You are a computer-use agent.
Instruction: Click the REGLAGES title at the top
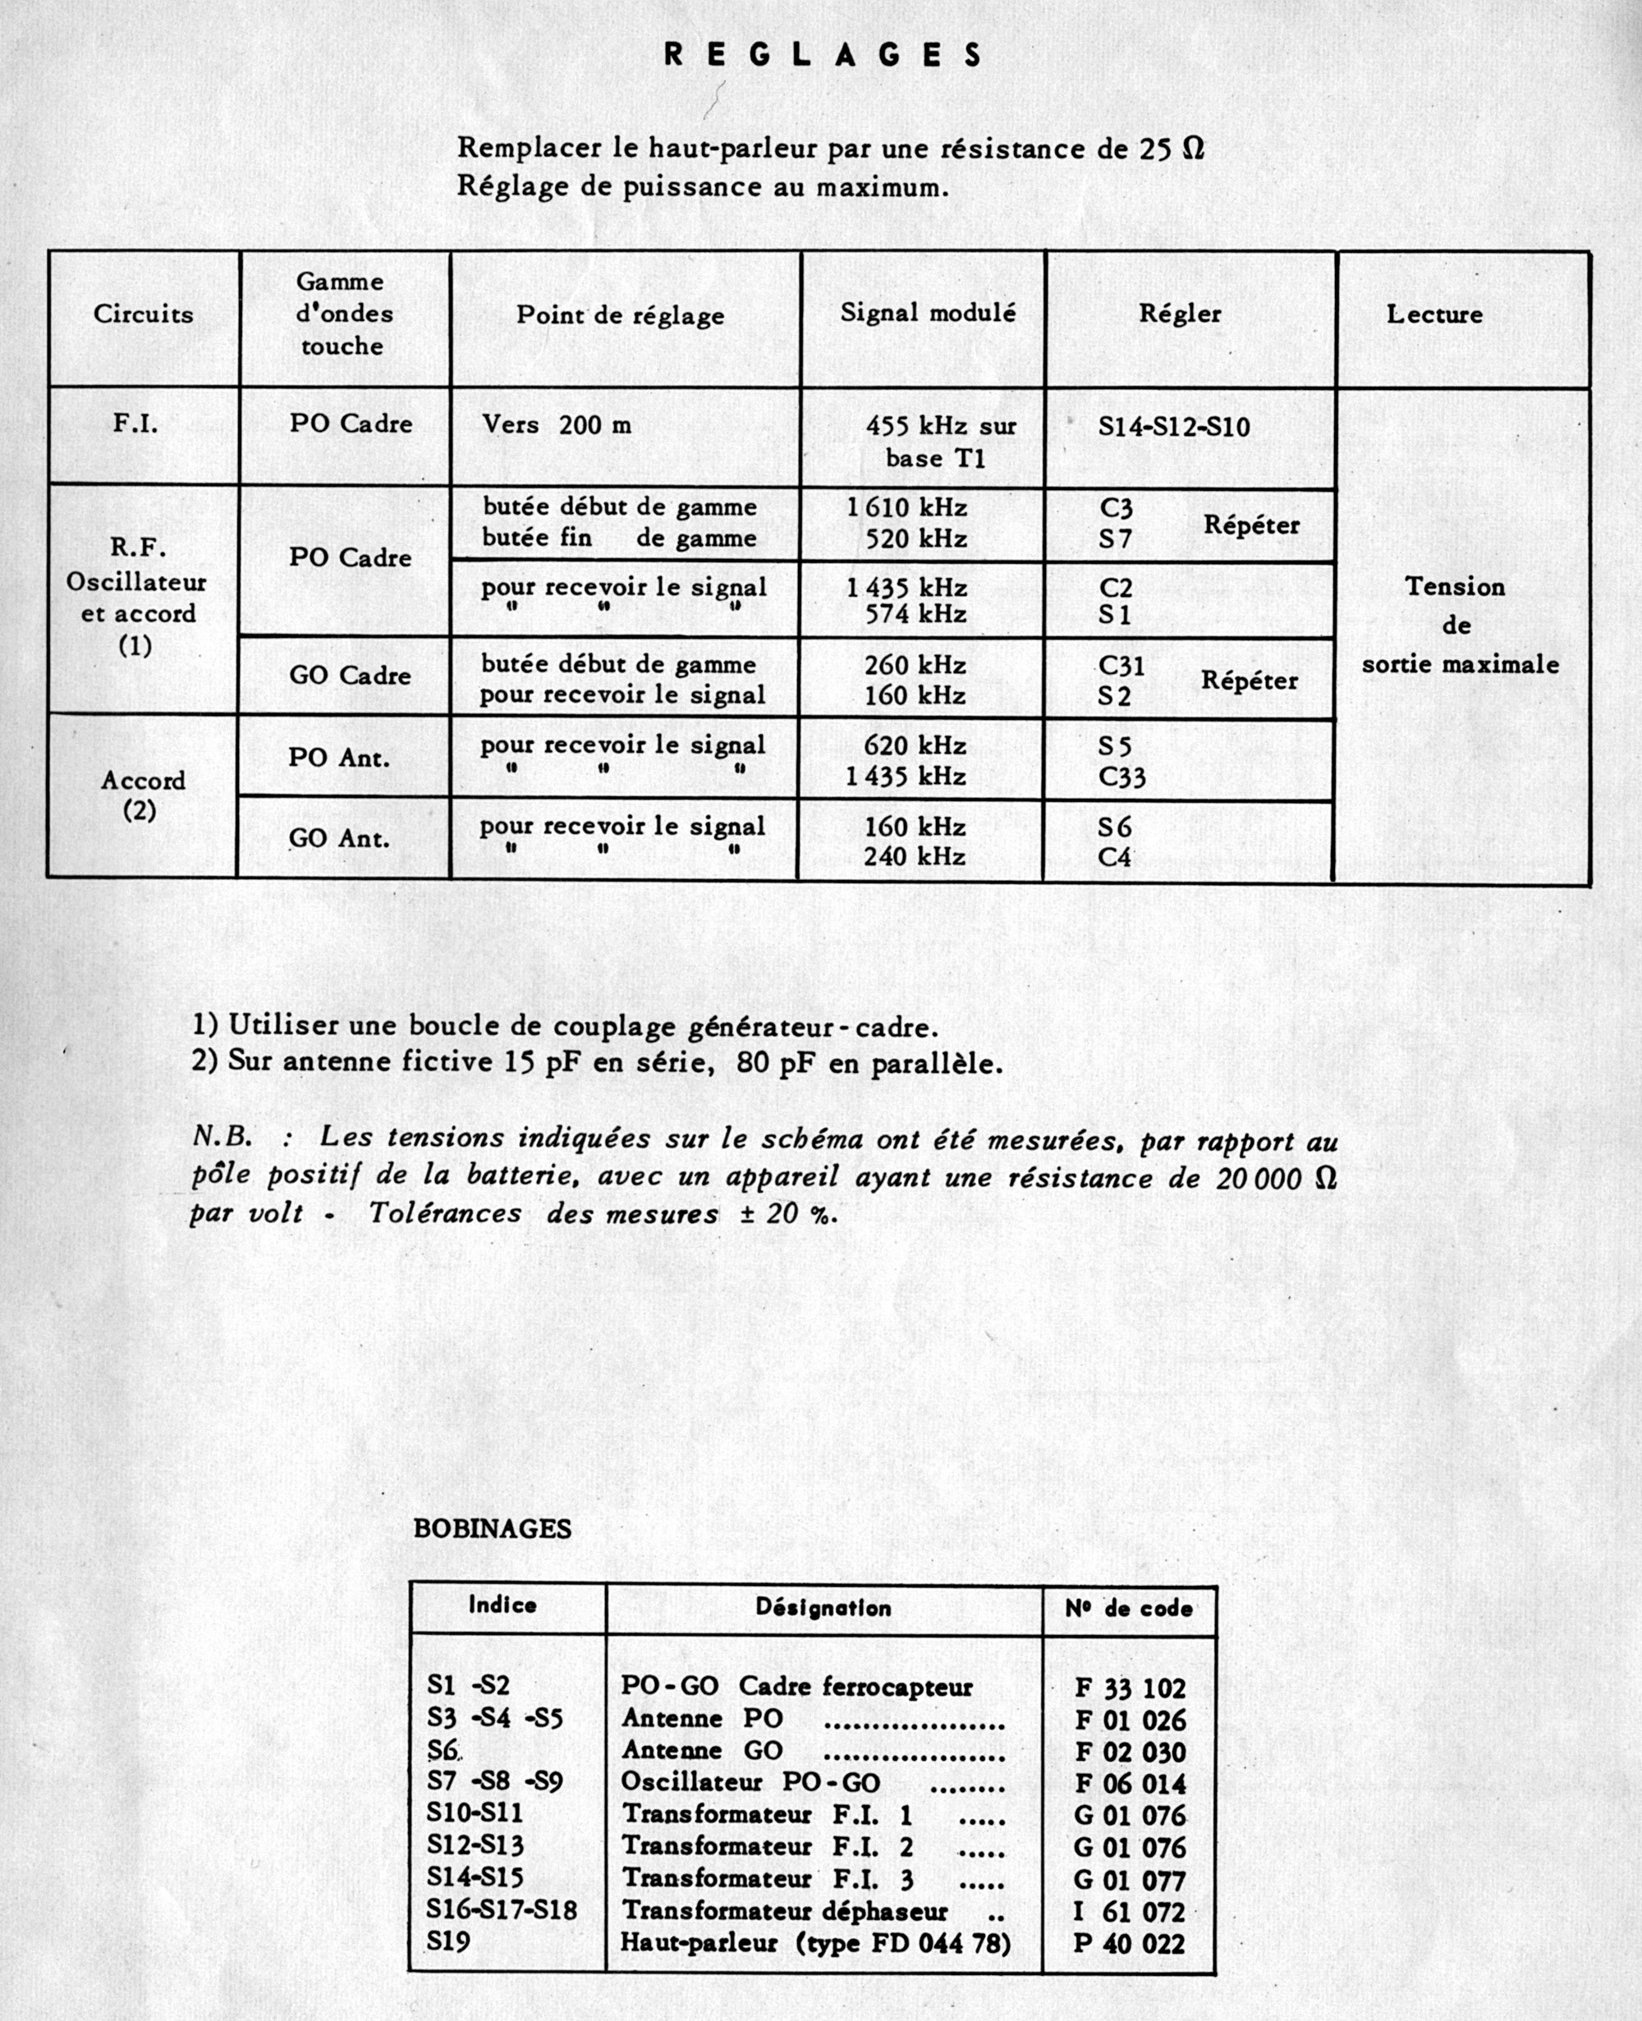[x=822, y=55]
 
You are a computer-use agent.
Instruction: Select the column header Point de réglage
[x=620, y=315]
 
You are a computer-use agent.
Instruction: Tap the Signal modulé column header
[x=928, y=313]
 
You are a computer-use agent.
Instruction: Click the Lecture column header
[x=1434, y=315]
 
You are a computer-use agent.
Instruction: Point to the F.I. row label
[x=136, y=423]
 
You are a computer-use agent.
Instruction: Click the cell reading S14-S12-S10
[x=1174, y=427]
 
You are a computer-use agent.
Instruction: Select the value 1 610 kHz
[x=906, y=508]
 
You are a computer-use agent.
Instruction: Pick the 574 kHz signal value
[x=915, y=615]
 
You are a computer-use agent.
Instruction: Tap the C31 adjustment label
[x=1121, y=666]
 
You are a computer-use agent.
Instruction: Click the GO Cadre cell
[x=350, y=676]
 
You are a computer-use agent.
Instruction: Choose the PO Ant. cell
[x=338, y=758]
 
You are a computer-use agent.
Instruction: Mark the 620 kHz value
[x=915, y=746]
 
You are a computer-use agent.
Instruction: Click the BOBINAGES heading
[x=492, y=1529]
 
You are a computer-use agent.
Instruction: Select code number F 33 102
[x=1130, y=1687]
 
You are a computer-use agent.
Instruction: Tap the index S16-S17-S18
[x=502, y=1909]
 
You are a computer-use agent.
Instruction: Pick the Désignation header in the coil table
[x=823, y=1608]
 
